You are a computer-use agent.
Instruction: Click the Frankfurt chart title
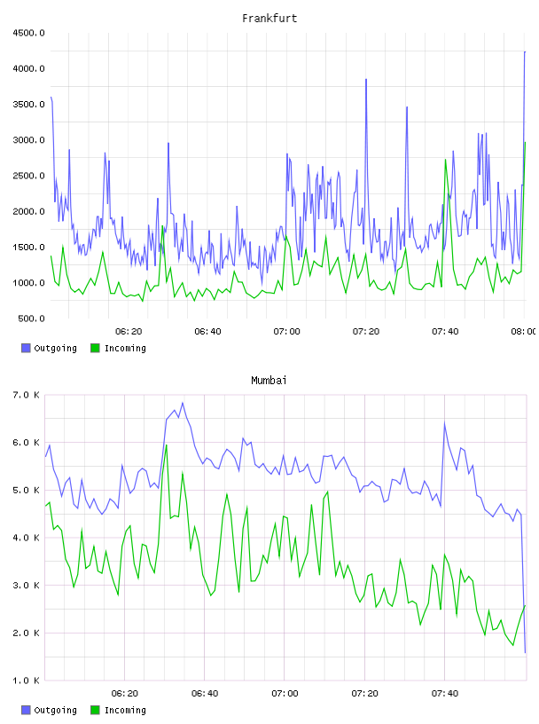pyautogui.click(x=269, y=18)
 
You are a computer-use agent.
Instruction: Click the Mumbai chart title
pyautogui.click(x=269, y=380)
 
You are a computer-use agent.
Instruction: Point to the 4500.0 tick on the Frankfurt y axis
pyautogui.click(x=28, y=33)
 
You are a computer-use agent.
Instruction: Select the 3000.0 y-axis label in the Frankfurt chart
pyautogui.click(x=28, y=140)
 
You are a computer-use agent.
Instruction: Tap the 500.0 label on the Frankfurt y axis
pyautogui.click(x=31, y=319)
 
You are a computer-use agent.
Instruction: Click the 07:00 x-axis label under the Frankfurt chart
pyautogui.click(x=286, y=331)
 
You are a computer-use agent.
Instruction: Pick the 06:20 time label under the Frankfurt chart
pyautogui.click(x=129, y=331)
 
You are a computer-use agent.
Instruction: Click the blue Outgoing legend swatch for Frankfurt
pyautogui.click(x=26, y=348)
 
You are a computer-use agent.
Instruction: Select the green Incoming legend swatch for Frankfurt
pyautogui.click(x=95, y=348)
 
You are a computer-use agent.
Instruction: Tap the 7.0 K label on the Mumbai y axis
pyautogui.click(x=27, y=395)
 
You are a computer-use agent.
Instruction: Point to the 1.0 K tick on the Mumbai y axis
pyautogui.click(x=27, y=681)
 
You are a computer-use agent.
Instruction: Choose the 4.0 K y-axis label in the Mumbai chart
pyautogui.click(x=27, y=538)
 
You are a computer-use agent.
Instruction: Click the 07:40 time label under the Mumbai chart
pyautogui.click(x=445, y=693)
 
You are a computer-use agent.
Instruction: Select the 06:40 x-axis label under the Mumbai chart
pyautogui.click(x=205, y=693)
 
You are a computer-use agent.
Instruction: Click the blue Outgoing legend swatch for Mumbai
pyautogui.click(x=26, y=710)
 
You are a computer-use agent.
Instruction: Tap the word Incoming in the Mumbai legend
pyautogui.click(x=125, y=710)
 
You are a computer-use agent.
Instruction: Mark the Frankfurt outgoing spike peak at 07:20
pyautogui.click(x=366, y=79)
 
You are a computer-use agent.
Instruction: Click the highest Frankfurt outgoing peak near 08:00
pyautogui.click(x=525, y=51)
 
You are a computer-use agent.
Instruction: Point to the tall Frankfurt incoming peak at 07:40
pyautogui.click(x=445, y=160)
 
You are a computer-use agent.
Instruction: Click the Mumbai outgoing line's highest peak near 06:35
pyautogui.click(x=183, y=403)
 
